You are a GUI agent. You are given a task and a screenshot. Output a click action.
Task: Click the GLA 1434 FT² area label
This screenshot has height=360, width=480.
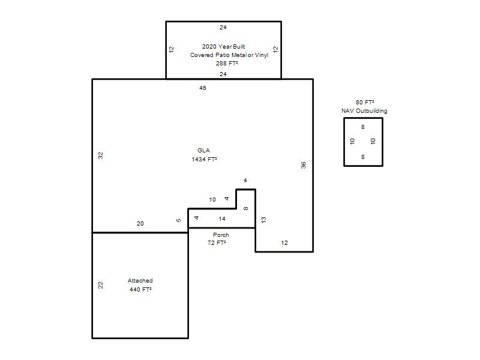point(204,155)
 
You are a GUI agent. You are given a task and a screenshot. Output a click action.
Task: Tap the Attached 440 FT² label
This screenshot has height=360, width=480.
point(140,285)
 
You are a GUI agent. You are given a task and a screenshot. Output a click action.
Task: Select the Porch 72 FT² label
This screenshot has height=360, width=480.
point(217,239)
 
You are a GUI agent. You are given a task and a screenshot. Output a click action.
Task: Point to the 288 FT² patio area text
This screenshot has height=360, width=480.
point(227,64)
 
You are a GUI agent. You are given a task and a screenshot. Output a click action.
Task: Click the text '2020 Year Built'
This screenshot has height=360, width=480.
point(223,47)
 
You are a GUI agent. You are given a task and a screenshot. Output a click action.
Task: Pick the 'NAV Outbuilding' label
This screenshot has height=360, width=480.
point(364,111)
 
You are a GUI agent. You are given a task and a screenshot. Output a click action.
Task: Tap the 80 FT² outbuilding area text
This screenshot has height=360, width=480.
point(365,102)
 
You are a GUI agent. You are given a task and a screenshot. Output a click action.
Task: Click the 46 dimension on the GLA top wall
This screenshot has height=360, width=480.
point(203,88)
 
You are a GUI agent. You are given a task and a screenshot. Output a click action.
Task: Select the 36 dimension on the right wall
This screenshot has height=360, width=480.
point(303,166)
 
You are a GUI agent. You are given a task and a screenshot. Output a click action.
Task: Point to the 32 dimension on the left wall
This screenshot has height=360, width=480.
point(100,155)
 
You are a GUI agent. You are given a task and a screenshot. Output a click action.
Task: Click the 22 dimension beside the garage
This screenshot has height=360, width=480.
point(100,286)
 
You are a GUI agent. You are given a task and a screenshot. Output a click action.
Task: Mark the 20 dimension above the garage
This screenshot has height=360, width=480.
point(140,224)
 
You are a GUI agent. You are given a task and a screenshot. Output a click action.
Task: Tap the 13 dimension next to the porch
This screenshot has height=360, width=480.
point(263,220)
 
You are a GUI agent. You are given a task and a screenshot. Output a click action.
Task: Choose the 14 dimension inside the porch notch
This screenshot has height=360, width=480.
point(222,219)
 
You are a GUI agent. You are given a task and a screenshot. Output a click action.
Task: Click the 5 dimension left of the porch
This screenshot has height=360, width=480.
point(179,220)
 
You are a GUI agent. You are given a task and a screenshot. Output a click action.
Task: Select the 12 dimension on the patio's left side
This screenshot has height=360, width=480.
point(172,49)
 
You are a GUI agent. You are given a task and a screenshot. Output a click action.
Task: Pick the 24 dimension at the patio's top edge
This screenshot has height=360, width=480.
point(223,28)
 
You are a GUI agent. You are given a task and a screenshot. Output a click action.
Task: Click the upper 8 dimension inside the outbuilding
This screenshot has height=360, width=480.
point(363,127)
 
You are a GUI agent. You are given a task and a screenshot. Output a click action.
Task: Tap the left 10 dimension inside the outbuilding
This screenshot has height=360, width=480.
point(352,141)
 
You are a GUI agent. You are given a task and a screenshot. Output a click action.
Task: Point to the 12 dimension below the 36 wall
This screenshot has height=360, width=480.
point(284,243)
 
